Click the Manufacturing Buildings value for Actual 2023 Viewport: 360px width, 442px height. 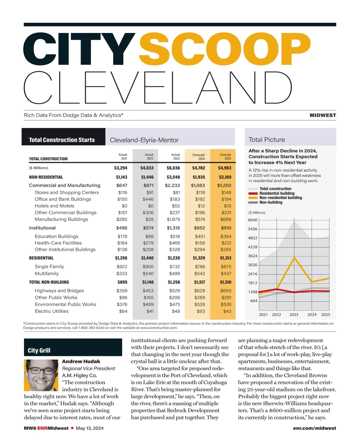click(x=173, y=219)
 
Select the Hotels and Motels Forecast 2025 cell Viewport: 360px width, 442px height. click(x=227, y=206)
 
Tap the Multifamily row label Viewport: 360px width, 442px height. click(x=47, y=273)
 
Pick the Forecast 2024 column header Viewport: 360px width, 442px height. click(x=199, y=157)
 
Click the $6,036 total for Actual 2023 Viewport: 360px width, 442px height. click(x=173, y=168)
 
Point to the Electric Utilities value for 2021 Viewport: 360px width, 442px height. click(x=123, y=311)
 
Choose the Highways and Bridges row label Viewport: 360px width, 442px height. click(x=59, y=291)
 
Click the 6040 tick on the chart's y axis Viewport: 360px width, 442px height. click(x=253, y=220)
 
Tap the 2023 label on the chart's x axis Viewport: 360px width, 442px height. click(x=294, y=315)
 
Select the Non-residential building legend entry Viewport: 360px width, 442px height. click(x=280, y=198)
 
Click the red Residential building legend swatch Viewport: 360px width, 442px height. click(x=253, y=193)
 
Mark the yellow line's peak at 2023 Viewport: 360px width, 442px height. click(x=295, y=257)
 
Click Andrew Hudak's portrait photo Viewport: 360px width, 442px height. click(x=41, y=375)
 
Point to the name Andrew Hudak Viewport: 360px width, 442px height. click(x=81, y=361)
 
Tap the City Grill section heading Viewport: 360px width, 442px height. click(x=39, y=351)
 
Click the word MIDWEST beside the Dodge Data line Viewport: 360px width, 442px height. click(x=323, y=115)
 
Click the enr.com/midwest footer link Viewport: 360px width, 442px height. click(x=314, y=428)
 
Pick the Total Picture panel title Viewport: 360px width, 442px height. click(x=267, y=140)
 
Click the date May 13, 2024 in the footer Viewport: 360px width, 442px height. click(x=90, y=428)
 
